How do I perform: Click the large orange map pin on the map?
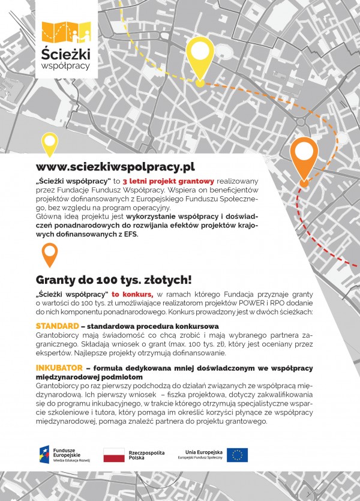304,157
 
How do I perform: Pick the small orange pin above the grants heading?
49,255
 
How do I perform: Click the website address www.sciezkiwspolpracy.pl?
115,167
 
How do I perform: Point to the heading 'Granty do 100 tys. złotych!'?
113,280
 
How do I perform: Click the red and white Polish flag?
114,455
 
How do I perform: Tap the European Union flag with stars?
237,455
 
